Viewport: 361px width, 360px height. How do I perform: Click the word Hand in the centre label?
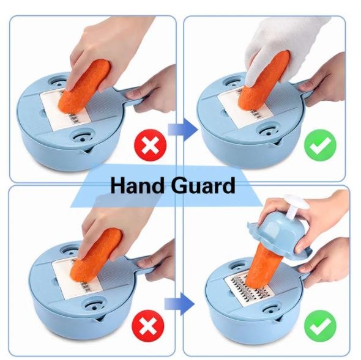pos(137,185)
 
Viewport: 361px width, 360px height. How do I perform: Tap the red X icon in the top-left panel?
pos(151,145)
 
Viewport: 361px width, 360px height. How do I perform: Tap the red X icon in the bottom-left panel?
pos(148,326)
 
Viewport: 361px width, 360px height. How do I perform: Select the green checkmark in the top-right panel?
pos(320,145)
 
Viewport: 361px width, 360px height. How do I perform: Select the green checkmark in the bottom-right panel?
pos(320,326)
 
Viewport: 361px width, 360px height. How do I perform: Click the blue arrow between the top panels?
pos(183,130)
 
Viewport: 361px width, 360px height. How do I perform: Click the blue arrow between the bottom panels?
pos(179,304)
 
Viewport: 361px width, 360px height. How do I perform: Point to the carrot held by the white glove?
pos(264,80)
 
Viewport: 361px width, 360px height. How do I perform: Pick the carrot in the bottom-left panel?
pos(95,255)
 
